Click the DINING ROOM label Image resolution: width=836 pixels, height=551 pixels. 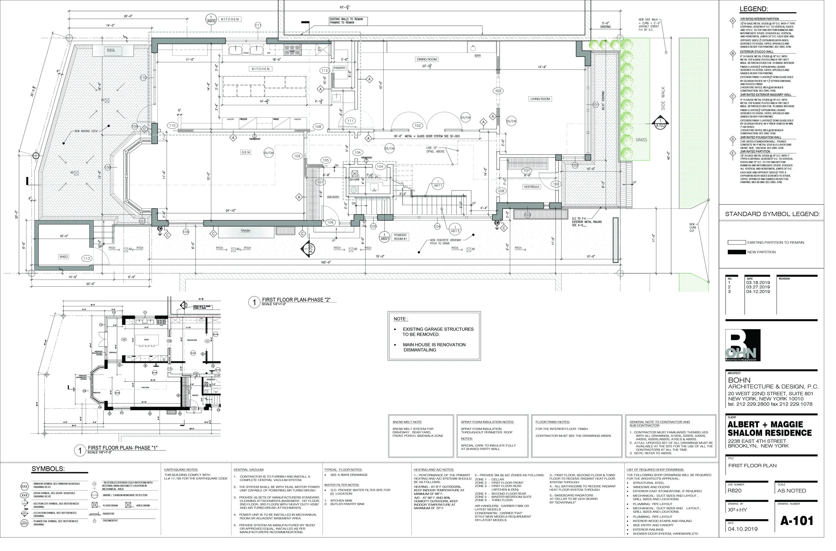(426, 59)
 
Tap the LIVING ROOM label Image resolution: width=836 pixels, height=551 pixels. (540, 99)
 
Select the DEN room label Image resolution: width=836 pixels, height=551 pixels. (245, 152)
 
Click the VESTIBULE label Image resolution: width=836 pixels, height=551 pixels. (531, 187)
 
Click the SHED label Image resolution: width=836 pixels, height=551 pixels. (64, 257)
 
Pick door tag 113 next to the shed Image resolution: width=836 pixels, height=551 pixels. (87, 259)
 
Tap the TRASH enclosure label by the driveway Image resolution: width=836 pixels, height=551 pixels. (245, 231)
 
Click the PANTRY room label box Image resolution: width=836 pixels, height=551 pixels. (339, 68)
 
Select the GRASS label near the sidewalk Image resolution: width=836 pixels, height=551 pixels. (641, 140)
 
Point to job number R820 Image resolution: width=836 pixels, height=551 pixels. (735, 491)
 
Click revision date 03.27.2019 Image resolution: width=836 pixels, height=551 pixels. (758, 287)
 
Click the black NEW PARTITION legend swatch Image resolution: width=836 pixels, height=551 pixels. (736, 252)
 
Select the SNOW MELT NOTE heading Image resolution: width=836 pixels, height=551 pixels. (407, 422)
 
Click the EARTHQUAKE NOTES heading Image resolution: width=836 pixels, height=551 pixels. (181, 470)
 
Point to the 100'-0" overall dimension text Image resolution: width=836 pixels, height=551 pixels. (326, 262)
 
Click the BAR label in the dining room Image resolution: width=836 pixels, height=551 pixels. (477, 56)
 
